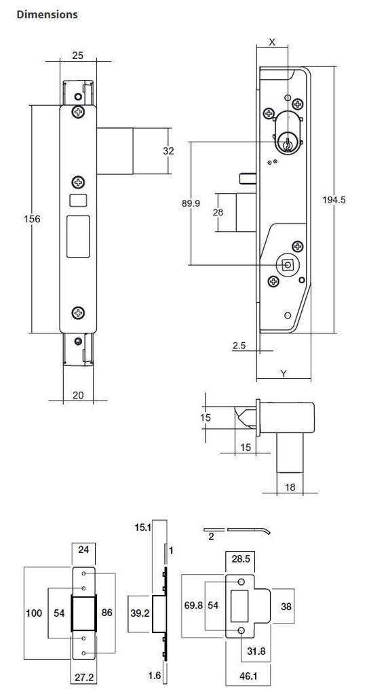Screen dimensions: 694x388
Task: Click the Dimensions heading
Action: [x=47, y=14]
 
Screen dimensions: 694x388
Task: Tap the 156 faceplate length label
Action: [x=32, y=219]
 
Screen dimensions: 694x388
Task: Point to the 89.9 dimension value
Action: [x=191, y=203]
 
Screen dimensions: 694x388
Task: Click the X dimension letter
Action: [x=273, y=42]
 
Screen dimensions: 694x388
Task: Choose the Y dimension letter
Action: [x=283, y=373]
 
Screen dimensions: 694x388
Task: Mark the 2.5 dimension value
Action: [x=239, y=346]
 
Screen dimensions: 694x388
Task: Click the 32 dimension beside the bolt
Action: [x=168, y=150]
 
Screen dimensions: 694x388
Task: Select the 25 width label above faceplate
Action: [x=78, y=56]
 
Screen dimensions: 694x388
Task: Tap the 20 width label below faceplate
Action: [x=78, y=394]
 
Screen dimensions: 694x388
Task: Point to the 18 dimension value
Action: [x=290, y=487]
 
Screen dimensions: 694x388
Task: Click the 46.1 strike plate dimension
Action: [x=248, y=676]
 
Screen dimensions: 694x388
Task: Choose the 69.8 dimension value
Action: [x=193, y=606]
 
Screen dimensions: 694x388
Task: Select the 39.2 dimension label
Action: [x=139, y=613]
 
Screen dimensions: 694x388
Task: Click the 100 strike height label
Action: [x=33, y=613]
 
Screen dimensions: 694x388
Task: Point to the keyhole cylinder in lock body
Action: [x=288, y=143]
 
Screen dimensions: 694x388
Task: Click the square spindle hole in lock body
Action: [x=288, y=265]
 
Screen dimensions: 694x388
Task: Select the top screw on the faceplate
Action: [x=79, y=112]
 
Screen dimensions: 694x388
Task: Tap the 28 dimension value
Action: [x=218, y=212]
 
